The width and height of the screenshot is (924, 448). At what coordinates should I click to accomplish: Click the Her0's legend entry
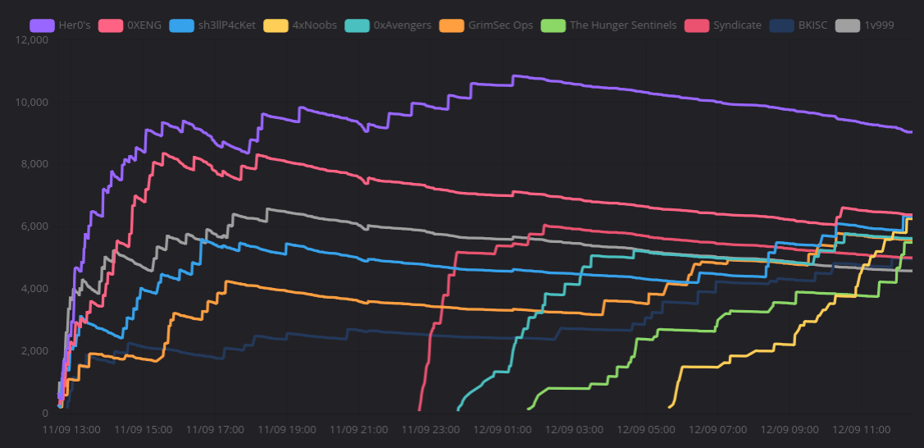[60, 25]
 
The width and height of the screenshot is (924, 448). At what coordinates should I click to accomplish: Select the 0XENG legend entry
[130, 25]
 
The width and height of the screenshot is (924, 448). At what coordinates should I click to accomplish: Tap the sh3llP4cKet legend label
[212, 25]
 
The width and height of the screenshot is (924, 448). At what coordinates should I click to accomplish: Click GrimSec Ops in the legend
[486, 25]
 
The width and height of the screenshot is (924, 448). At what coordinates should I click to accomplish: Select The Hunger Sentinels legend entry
[609, 25]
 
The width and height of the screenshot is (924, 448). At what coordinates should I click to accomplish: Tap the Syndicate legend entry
[724, 25]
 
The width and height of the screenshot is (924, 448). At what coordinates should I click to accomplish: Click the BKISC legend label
[799, 25]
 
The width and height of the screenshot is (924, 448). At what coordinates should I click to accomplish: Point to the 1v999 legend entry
[864, 25]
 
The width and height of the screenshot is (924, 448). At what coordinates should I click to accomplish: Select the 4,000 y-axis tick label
[33, 289]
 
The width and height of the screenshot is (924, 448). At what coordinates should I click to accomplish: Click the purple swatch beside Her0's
[43, 25]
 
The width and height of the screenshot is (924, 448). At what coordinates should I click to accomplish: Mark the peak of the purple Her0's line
[514, 75]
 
